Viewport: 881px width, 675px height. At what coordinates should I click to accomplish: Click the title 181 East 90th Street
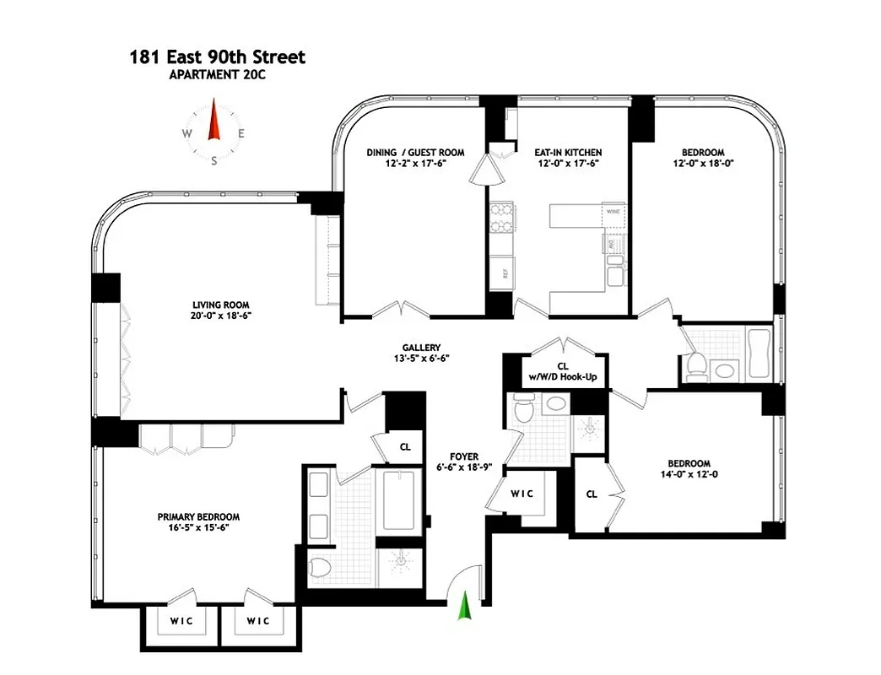click(x=217, y=58)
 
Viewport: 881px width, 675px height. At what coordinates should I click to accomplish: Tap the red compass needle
click(x=214, y=121)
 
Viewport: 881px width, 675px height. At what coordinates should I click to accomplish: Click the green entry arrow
click(x=463, y=606)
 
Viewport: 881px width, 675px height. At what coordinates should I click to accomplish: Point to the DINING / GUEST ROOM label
click(x=414, y=153)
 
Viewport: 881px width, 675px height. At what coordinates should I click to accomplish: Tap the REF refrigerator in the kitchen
click(x=503, y=273)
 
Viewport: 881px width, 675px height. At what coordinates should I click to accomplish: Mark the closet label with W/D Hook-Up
click(x=563, y=371)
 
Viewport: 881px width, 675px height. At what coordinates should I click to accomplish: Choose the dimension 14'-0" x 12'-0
click(x=689, y=474)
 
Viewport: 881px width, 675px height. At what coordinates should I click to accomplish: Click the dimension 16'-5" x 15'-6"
click(x=198, y=528)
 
